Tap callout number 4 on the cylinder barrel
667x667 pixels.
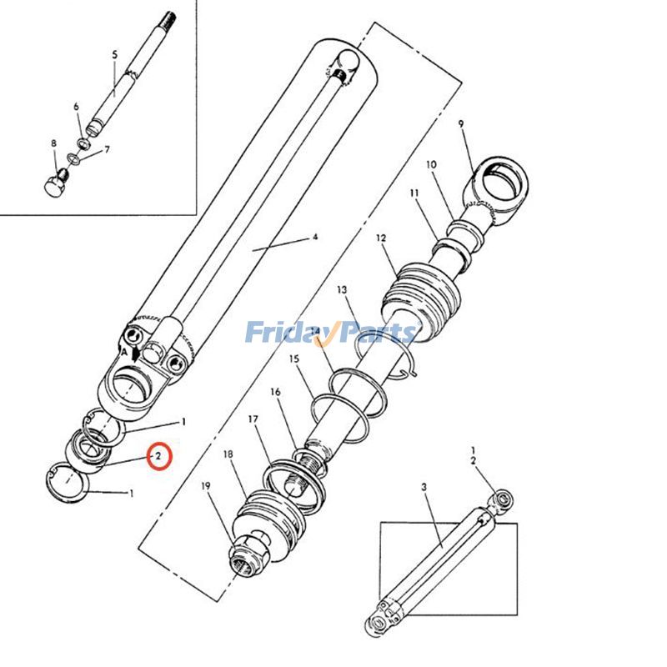315,237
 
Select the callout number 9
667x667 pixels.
459,124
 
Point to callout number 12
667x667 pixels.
381,238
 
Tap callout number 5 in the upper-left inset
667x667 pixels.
115,54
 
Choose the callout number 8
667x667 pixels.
53,143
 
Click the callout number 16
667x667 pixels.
275,392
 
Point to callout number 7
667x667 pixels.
106,150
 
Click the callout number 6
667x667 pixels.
76,107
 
